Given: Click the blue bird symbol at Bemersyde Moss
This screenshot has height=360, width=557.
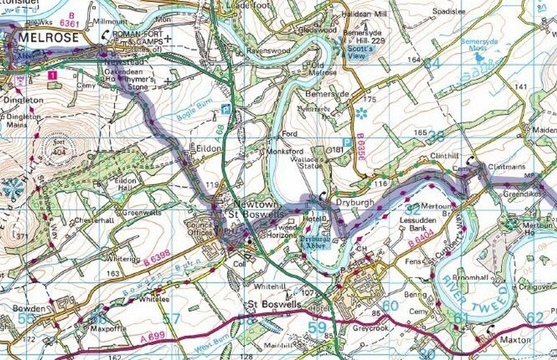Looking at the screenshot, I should (x=479, y=57).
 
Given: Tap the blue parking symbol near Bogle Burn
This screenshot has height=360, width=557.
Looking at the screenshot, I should (x=225, y=109).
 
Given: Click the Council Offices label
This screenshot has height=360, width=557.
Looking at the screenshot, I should (x=200, y=229).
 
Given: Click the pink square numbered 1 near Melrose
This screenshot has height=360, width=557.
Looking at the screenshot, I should (x=54, y=74).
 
